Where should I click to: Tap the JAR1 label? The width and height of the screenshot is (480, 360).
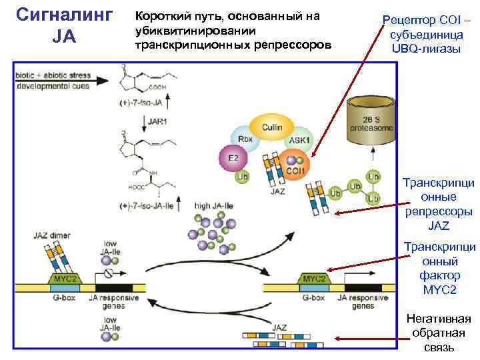click(x=158, y=122)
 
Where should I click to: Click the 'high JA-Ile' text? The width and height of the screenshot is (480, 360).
click(x=214, y=206)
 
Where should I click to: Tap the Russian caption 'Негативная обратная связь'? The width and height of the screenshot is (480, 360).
click(x=440, y=333)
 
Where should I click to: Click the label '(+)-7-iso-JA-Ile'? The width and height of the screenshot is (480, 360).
click(x=148, y=206)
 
